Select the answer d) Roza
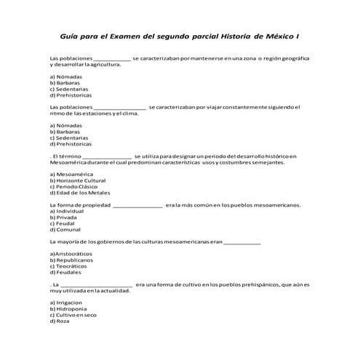coord(60,321)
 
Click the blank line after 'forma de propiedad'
coord(138,205)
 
